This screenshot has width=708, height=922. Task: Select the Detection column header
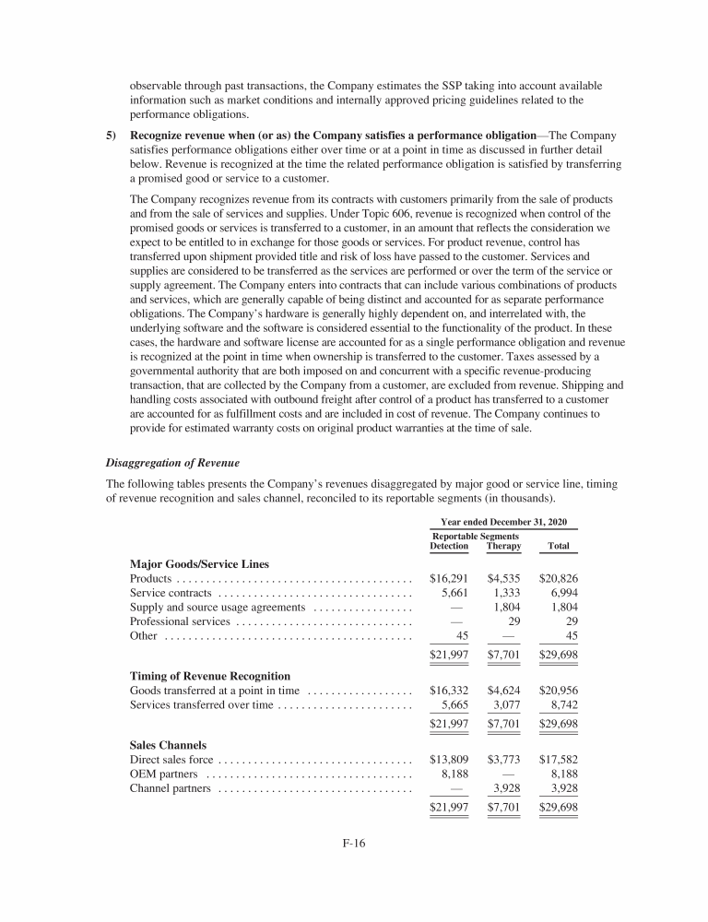[449, 546]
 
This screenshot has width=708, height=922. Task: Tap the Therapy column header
[502, 546]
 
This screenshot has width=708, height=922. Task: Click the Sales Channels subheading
[169, 744]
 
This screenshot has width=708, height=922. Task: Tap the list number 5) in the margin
[112, 136]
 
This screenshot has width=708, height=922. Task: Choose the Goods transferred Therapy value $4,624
[503, 691]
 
